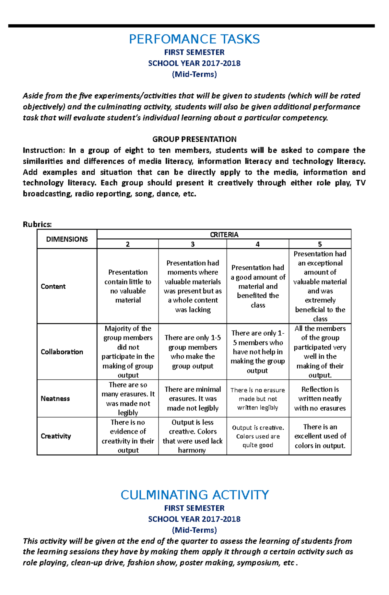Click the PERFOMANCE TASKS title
194,39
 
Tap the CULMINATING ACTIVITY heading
194,495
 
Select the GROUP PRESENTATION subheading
194,139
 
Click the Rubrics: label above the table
37,224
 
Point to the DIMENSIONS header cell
67,239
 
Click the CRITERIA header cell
224,234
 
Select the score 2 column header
128,244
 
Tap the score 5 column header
320,244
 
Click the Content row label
53,286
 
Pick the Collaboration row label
62,352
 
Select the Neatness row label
55,399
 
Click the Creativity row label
56,436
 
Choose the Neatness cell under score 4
258,399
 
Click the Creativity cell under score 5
320,436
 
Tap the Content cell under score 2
128,286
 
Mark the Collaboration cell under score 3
193,352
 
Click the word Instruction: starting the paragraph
43,150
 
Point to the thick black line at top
191,26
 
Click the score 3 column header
193,244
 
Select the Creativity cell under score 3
193,436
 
